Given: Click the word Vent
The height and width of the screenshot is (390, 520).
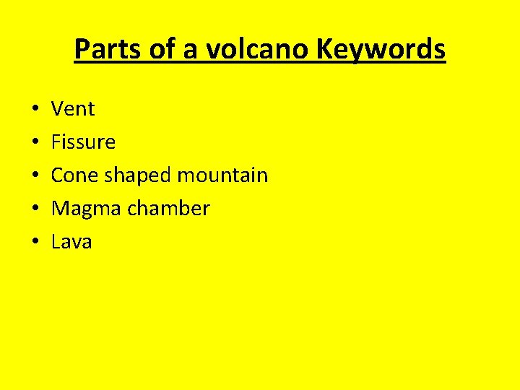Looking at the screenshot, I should [x=73, y=109].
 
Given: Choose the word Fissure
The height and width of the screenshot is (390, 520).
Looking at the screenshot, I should [x=83, y=142].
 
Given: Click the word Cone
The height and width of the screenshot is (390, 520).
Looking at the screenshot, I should [x=74, y=175].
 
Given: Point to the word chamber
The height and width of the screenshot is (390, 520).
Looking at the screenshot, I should [x=168, y=209].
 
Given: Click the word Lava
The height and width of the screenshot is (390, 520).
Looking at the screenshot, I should [x=71, y=242].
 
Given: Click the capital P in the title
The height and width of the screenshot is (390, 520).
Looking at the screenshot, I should [x=81, y=50].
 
